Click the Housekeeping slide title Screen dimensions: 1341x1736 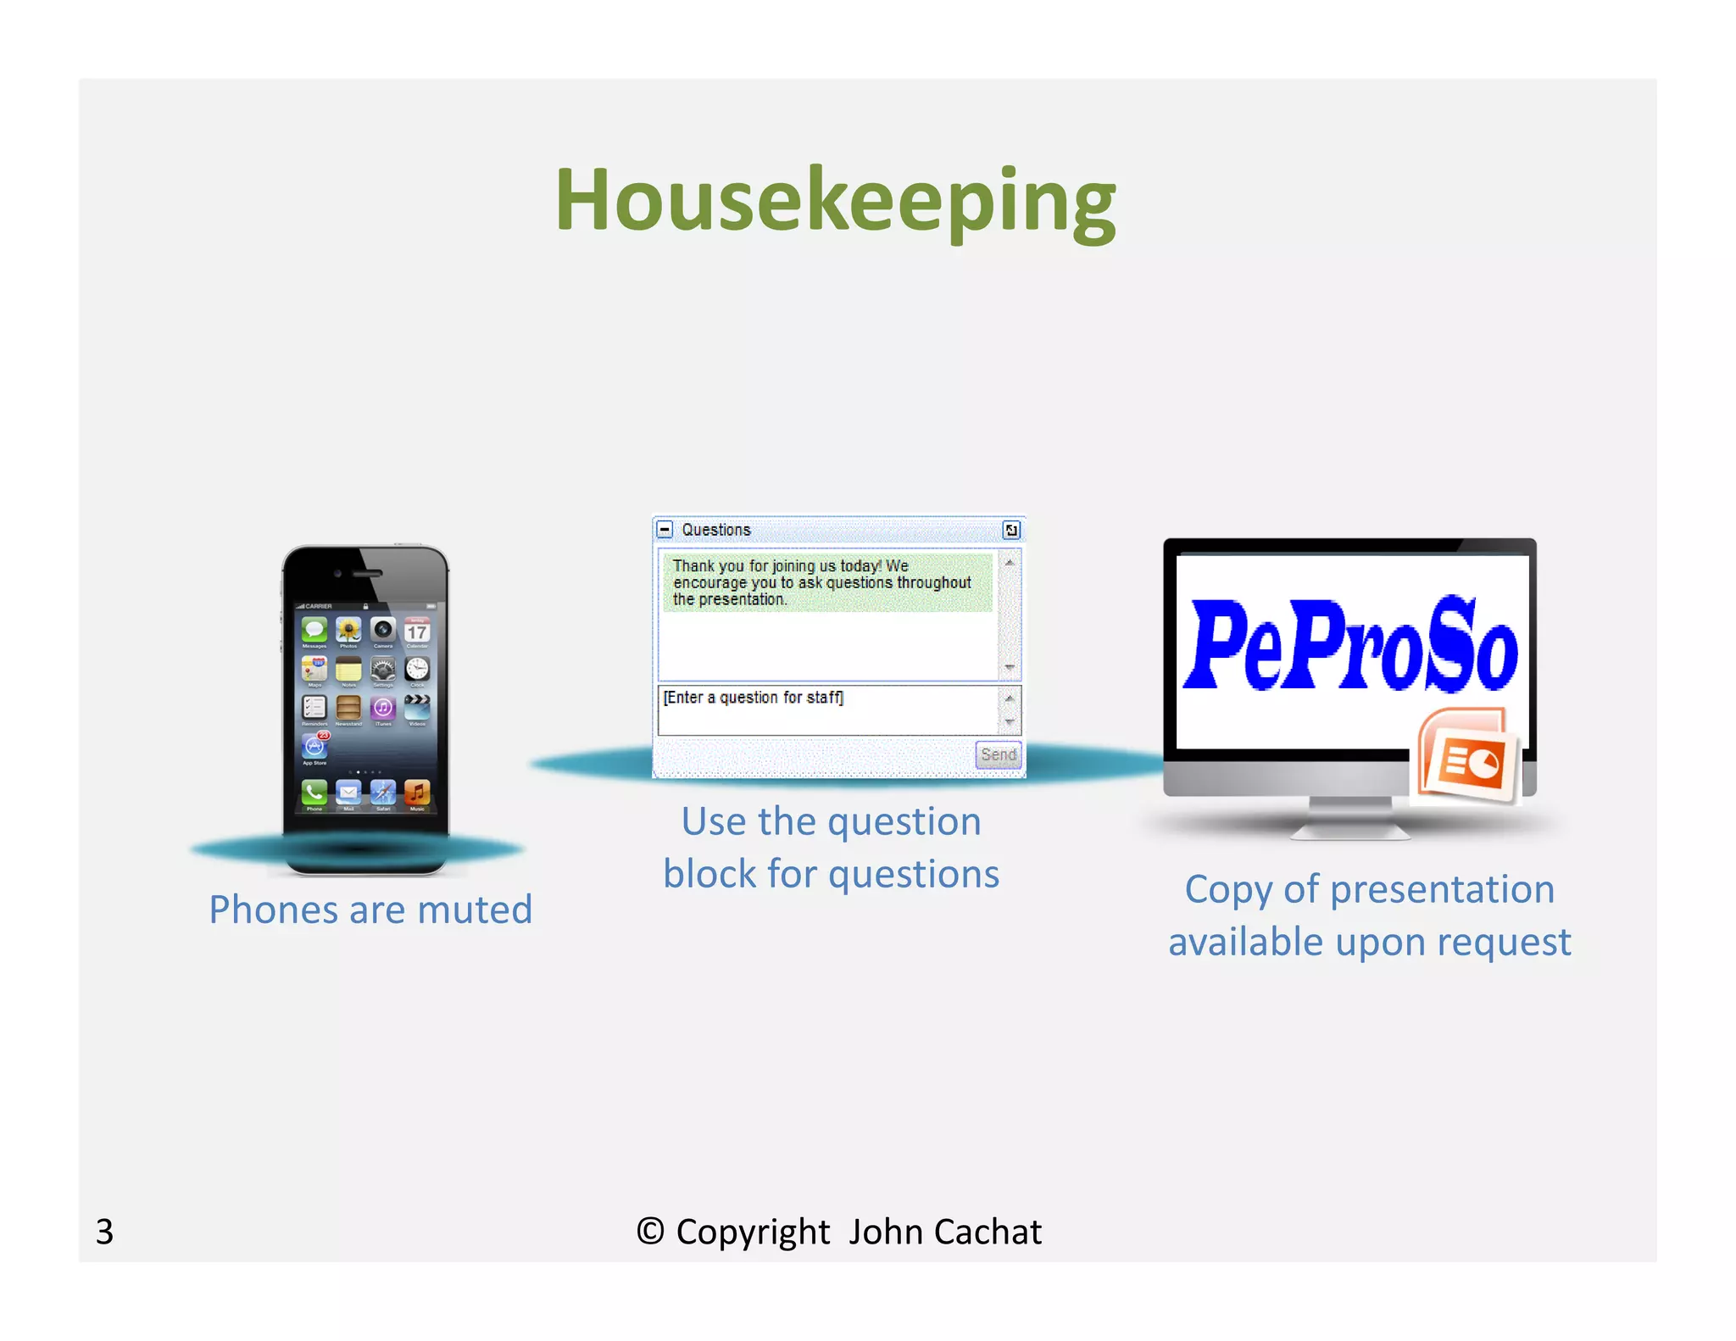tap(835, 201)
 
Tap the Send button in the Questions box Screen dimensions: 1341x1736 tap(998, 754)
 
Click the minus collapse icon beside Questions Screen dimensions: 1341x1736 tap(665, 530)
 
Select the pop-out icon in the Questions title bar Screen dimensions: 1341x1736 tap(1010, 530)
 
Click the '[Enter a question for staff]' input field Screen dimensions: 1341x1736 tap(826, 709)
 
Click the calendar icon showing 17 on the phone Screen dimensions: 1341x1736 tap(417, 631)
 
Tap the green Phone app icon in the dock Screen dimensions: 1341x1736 tap(314, 793)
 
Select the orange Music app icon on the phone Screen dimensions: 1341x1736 tap(417, 793)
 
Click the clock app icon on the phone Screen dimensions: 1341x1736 tap(417, 670)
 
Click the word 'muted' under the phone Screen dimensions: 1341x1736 tap(475, 910)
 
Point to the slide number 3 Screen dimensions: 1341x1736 tap(104, 1232)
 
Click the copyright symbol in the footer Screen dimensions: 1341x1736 tap(650, 1232)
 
